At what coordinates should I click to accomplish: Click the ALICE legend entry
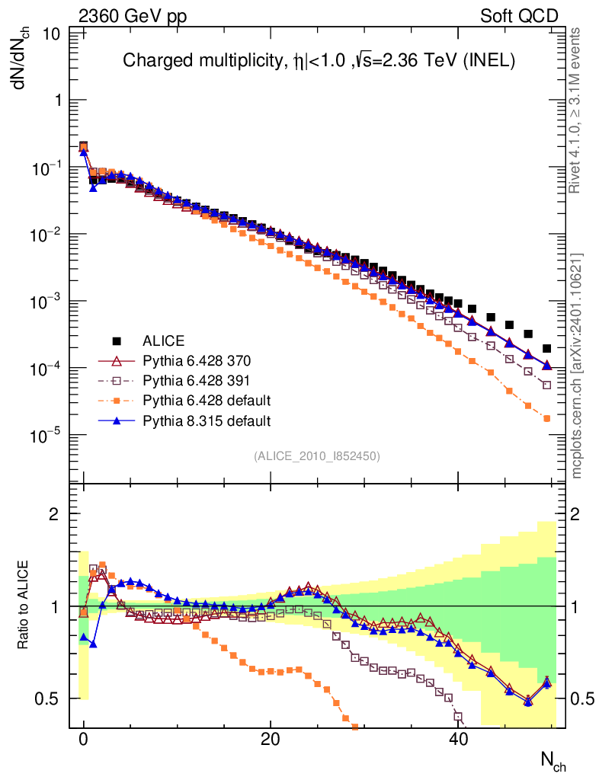(164, 340)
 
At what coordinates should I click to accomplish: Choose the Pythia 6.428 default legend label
(207, 400)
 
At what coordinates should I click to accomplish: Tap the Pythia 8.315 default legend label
(207, 420)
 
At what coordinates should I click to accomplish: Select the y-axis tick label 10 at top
(53, 34)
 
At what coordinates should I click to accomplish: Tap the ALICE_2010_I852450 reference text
(316, 456)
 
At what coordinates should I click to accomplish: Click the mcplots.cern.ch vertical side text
(577, 366)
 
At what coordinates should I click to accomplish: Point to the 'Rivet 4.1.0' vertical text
(577, 110)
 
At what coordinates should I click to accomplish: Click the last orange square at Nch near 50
(546, 418)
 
